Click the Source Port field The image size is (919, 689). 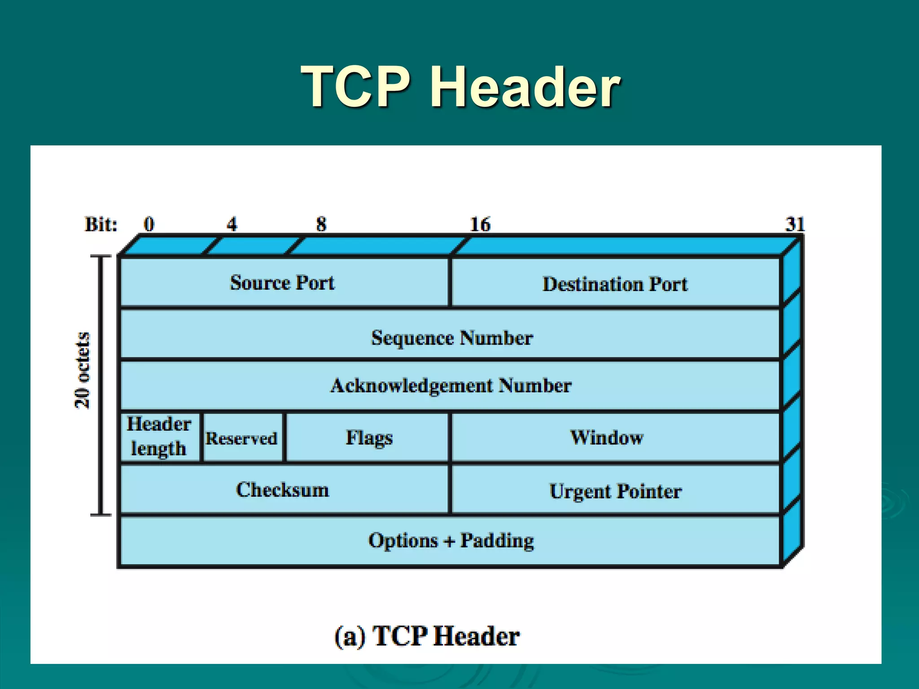click(283, 283)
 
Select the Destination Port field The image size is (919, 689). click(615, 284)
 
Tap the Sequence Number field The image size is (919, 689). click(452, 337)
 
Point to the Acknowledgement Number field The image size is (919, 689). click(451, 385)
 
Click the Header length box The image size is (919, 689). click(159, 436)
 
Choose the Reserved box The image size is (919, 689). click(242, 438)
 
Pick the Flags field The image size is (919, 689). click(369, 438)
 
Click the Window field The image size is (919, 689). click(607, 437)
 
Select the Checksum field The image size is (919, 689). click(283, 489)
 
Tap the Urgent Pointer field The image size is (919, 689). click(615, 491)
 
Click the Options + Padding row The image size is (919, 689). click(451, 541)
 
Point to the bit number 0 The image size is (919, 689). click(149, 224)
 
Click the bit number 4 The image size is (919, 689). click(232, 224)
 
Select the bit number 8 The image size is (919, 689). click(321, 224)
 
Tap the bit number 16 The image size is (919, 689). click(480, 224)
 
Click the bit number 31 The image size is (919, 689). click(795, 224)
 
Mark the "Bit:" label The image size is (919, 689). click(101, 224)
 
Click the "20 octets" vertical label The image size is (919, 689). click(83, 371)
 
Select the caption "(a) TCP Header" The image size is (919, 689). click(427, 636)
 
